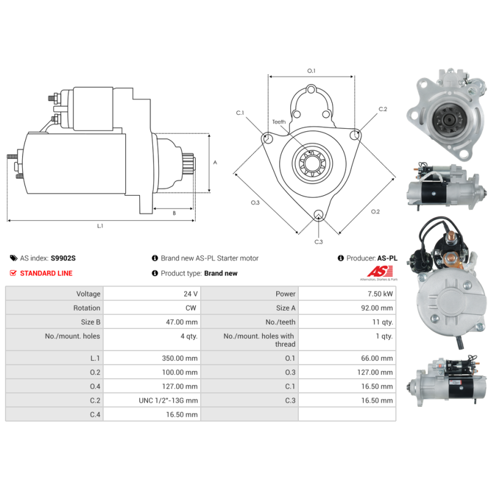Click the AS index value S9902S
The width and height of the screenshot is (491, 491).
[63, 258]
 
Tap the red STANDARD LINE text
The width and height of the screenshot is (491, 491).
[47, 273]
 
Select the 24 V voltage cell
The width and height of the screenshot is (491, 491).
[190, 294]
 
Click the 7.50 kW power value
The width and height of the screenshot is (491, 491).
[380, 294]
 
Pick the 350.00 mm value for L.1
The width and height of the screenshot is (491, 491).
[180, 358]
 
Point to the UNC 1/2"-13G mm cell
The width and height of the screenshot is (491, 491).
[168, 401]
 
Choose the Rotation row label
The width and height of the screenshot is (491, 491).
[87, 308]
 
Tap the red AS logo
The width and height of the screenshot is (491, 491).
[379, 271]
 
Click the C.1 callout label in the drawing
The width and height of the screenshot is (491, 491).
[240, 113]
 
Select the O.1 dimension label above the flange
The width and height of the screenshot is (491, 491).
[311, 71]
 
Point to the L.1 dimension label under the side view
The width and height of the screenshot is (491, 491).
[100, 226]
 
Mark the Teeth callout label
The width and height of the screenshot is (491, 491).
[279, 122]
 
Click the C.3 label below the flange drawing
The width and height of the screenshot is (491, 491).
[319, 242]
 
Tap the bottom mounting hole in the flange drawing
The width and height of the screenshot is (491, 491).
[319, 215]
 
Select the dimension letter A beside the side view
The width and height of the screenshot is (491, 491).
[215, 162]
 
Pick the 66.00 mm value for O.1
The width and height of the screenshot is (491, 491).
[377, 358]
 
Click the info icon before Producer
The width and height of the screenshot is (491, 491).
[341, 258]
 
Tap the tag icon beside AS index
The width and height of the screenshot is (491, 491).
[14, 258]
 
